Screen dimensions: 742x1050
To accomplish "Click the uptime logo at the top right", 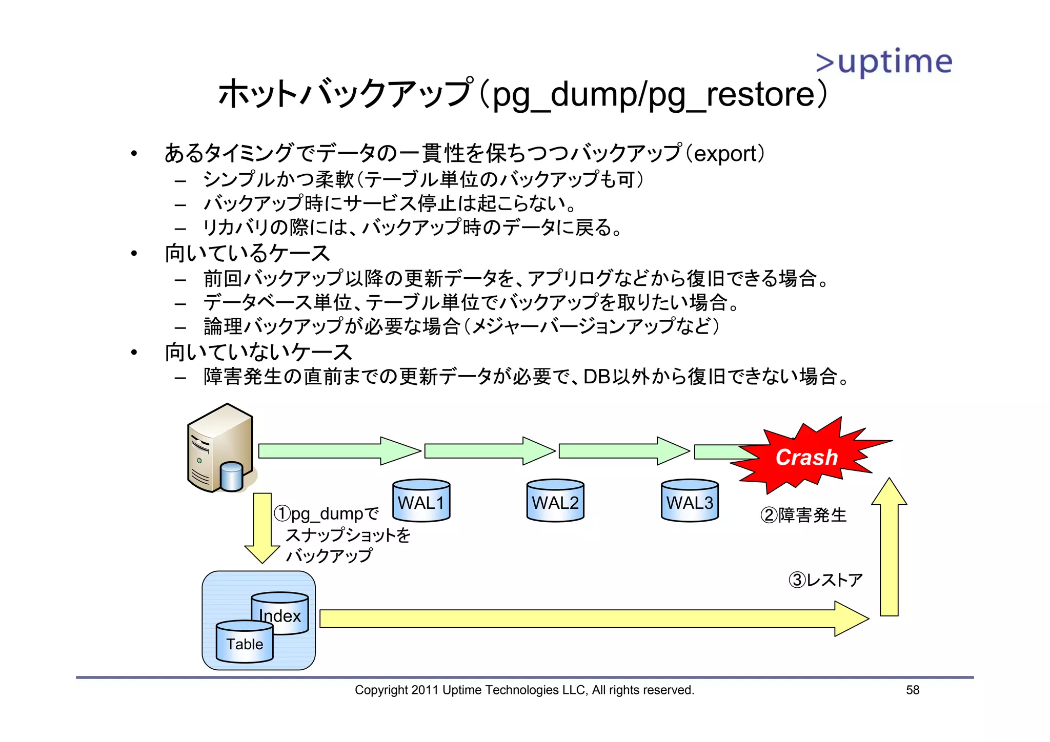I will click(884, 63).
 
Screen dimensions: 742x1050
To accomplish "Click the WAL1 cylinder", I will click(421, 501).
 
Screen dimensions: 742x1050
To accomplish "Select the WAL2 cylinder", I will click(555, 501).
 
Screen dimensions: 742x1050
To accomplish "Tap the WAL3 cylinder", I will click(690, 501).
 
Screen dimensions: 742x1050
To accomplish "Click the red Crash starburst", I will click(806, 456).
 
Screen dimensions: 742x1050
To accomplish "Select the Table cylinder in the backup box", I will click(245, 643).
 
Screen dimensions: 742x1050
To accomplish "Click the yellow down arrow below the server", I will click(262, 528).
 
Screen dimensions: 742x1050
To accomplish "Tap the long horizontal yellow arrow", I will click(590, 619).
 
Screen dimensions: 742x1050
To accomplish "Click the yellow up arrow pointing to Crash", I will click(890, 548).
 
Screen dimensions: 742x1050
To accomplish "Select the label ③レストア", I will click(825, 580).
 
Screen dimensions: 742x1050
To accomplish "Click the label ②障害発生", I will click(803, 515).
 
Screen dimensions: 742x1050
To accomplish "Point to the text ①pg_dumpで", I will click(327, 513).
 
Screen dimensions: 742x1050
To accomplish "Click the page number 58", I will click(913, 690).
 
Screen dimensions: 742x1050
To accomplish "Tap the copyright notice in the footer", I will click(524, 690).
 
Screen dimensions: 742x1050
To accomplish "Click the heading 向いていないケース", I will click(258, 353).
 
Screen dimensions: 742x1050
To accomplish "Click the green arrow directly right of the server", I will click(338, 451).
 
